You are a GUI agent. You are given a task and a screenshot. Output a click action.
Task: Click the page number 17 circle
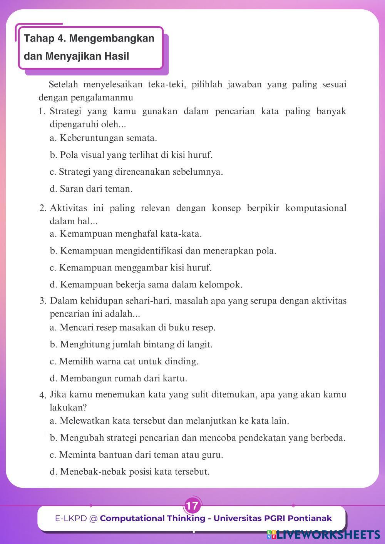(192, 506)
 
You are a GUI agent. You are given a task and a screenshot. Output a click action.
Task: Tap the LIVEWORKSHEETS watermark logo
(323, 535)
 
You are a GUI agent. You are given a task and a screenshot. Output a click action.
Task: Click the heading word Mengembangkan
(112, 38)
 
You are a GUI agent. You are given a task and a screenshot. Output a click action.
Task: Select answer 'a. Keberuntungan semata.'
(103, 138)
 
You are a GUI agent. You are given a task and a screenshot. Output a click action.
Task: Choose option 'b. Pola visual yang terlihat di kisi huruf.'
(131, 155)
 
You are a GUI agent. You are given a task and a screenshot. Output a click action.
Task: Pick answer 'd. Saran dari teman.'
(91, 189)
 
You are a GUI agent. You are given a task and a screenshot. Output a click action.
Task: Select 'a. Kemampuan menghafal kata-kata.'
(126, 234)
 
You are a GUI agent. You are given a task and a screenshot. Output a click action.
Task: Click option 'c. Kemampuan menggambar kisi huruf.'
(131, 267)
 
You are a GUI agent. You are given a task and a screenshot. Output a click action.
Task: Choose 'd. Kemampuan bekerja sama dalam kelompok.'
(146, 285)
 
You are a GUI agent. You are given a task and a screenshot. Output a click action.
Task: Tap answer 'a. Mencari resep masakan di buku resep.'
(132, 327)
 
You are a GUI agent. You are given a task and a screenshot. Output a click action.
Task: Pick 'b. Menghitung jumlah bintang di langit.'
(131, 344)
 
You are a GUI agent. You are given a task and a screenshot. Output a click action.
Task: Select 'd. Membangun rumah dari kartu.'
(119, 378)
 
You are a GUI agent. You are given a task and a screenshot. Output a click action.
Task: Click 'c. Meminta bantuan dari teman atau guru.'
(136, 455)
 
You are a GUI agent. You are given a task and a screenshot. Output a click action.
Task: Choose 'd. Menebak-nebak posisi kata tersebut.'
(130, 472)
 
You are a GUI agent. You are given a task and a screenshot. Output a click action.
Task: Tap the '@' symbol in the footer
(93, 519)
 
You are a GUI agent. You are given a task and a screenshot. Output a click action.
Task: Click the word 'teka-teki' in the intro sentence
(164, 84)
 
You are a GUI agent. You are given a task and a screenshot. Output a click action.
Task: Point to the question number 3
(43, 301)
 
